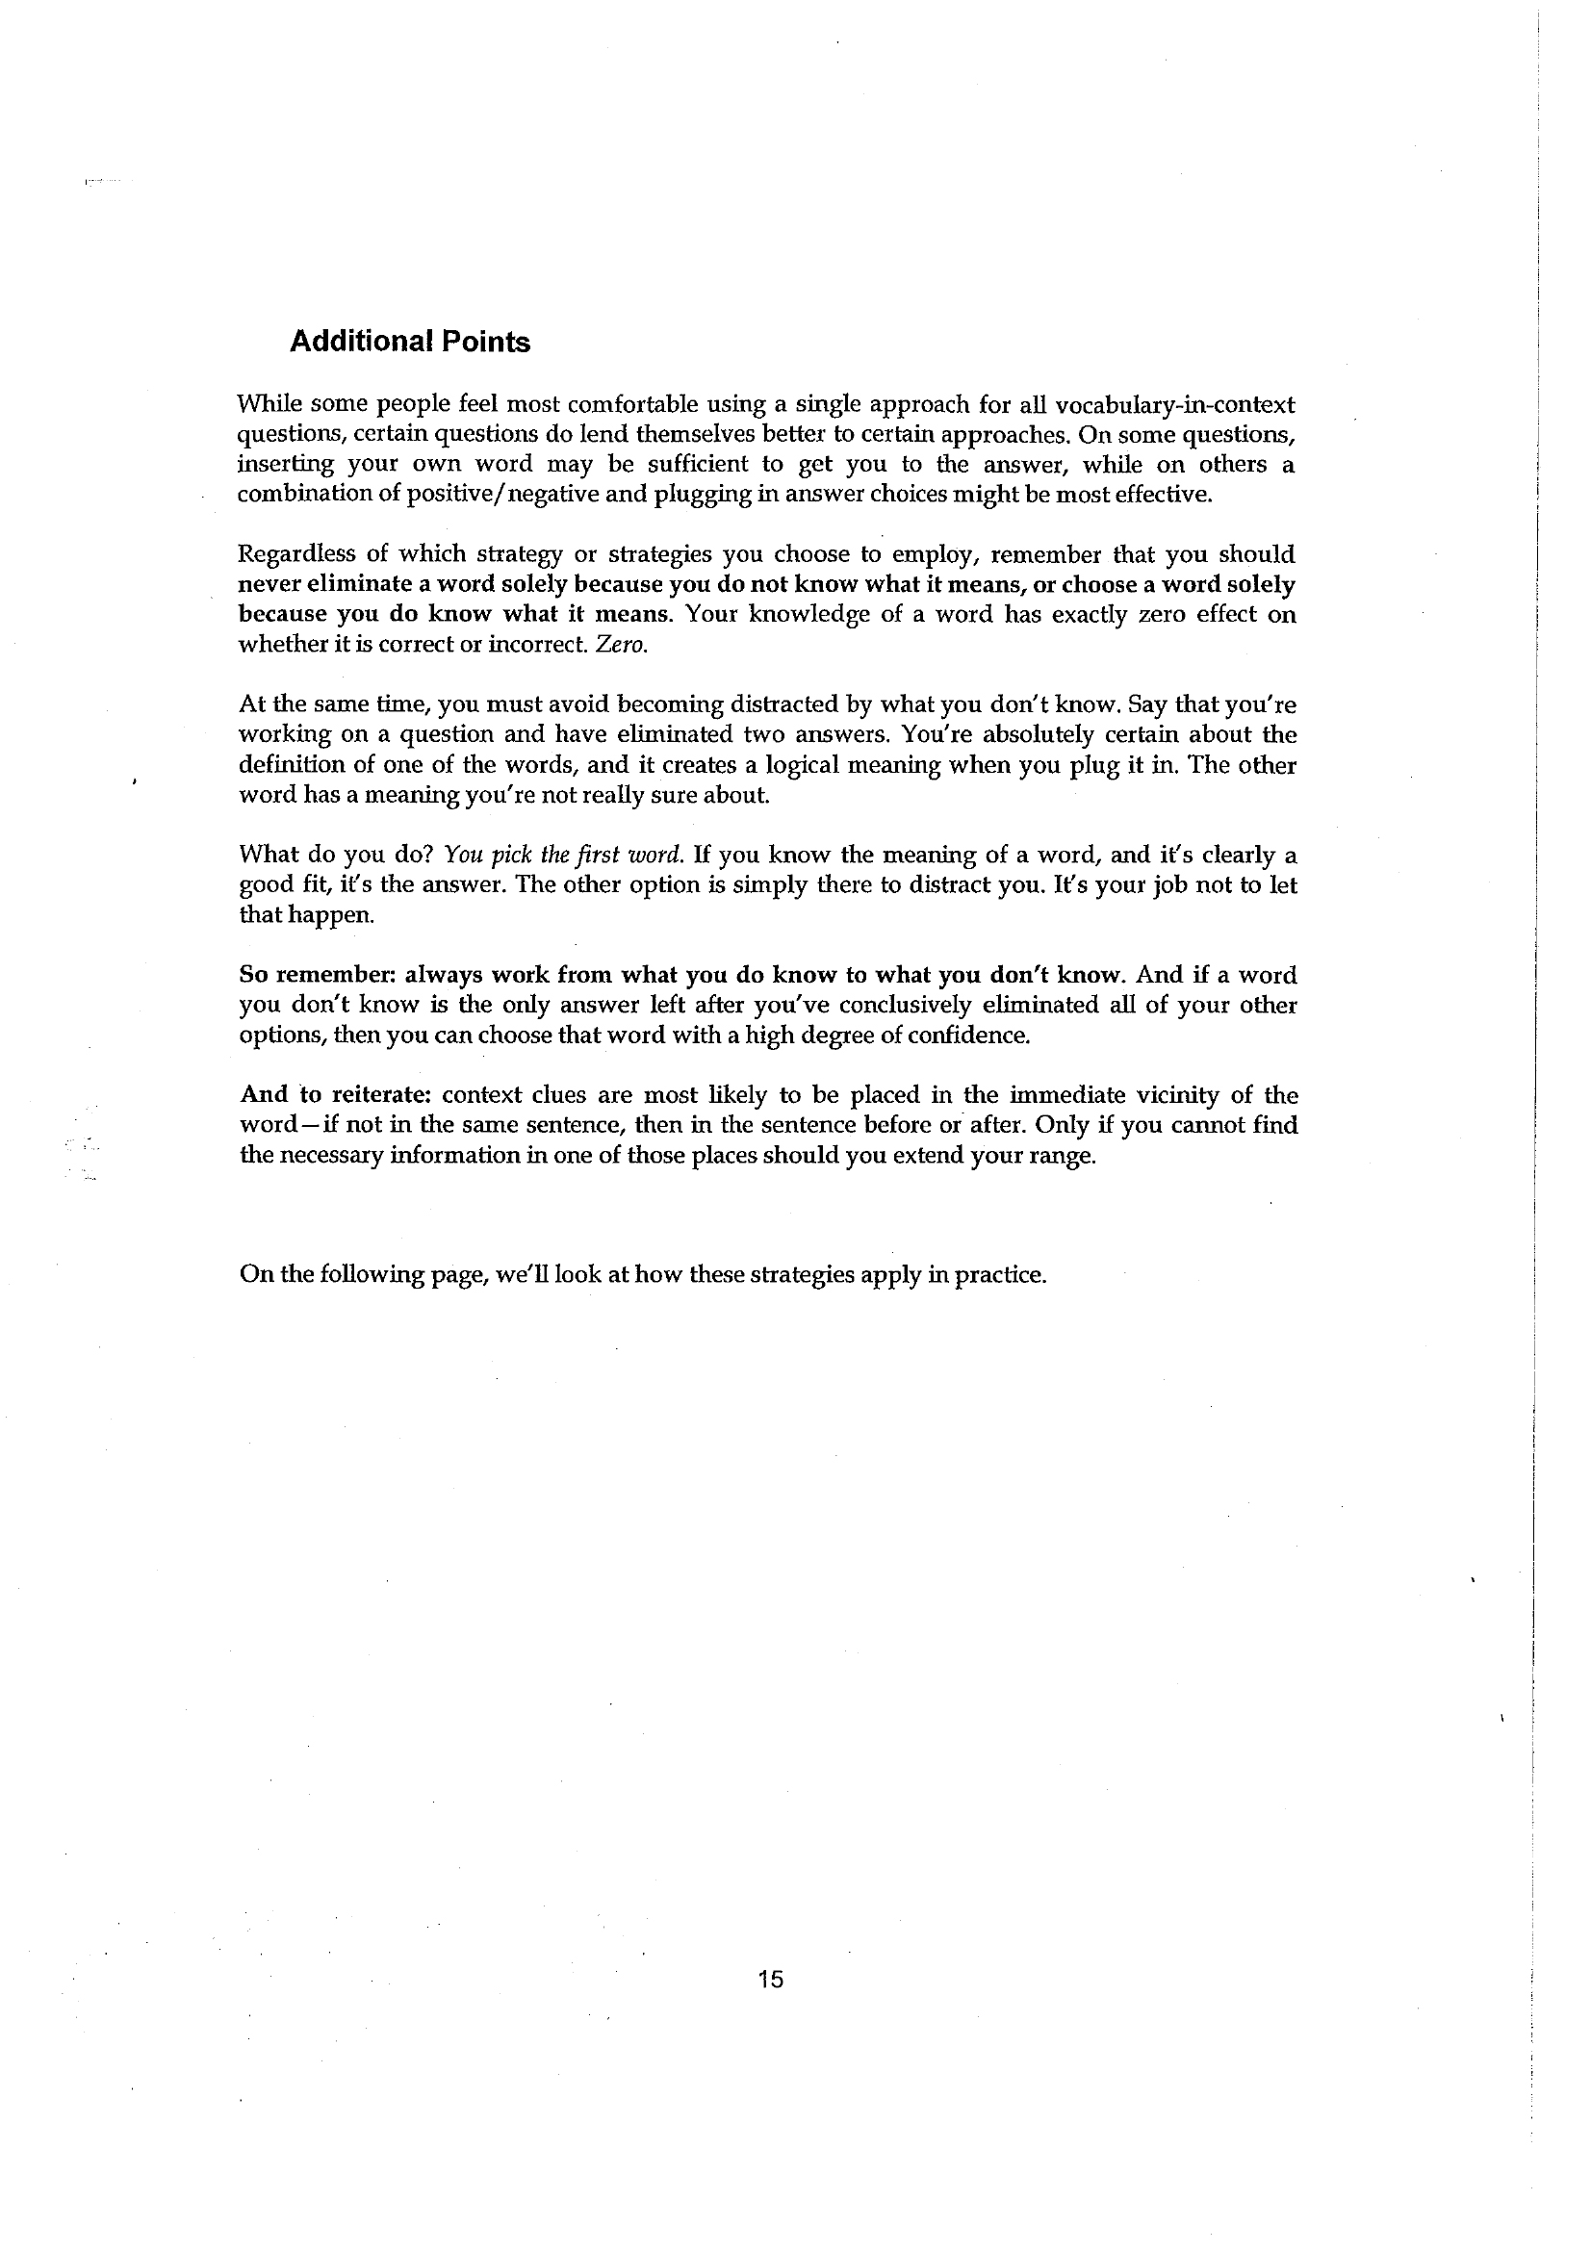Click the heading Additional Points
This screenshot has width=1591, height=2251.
[410, 343]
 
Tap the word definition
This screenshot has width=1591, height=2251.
[289, 765]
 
